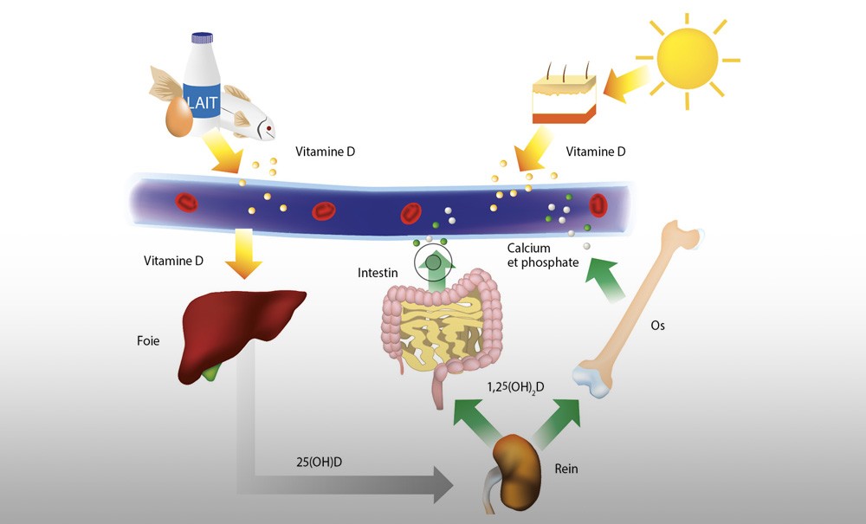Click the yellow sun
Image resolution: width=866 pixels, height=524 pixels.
pyautogui.click(x=688, y=61)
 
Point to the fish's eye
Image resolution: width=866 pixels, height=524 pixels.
pyautogui.click(x=270, y=131)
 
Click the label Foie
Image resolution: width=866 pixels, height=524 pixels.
pyautogui.click(x=147, y=341)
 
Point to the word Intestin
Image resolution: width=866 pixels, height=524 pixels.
pyautogui.click(x=378, y=273)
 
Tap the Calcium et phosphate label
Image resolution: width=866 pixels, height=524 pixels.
pyautogui.click(x=542, y=256)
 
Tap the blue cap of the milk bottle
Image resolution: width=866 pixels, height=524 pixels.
pyautogui.click(x=202, y=38)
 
